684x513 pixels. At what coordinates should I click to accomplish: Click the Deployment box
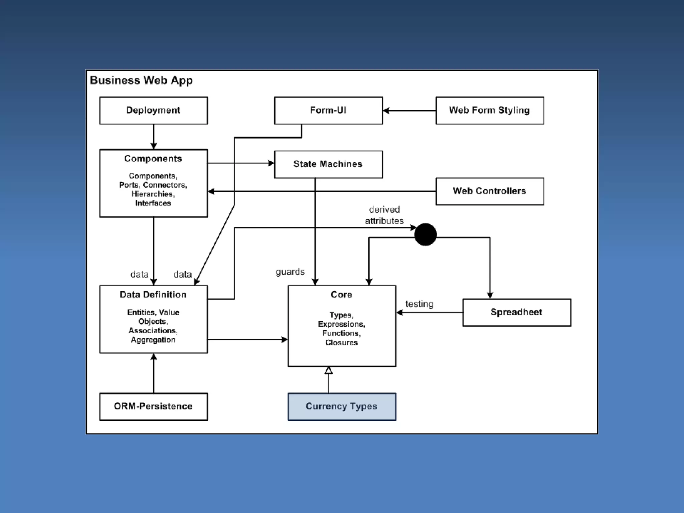(154, 111)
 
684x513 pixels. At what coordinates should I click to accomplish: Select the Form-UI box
(328, 111)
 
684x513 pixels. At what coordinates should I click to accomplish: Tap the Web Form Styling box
(490, 111)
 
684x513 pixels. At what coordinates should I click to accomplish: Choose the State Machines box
(328, 164)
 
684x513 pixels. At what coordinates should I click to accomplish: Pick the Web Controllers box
(490, 191)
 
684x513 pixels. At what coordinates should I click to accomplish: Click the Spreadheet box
(517, 313)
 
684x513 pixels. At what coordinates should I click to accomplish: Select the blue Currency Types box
(342, 406)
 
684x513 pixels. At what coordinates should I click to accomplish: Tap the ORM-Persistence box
(154, 406)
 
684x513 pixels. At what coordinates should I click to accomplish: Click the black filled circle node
(425, 234)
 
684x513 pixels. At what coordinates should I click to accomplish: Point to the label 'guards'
(290, 272)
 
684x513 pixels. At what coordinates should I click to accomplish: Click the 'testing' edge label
(419, 304)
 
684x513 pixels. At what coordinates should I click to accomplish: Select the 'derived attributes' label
(384, 215)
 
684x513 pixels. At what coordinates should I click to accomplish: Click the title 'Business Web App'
(141, 80)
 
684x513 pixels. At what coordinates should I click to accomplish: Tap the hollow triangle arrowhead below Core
(329, 370)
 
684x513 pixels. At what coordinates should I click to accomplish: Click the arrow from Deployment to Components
(154, 137)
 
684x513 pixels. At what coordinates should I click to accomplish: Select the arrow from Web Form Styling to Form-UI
(409, 111)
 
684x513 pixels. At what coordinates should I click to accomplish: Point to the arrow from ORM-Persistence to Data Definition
(154, 373)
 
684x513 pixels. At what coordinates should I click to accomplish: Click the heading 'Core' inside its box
(341, 295)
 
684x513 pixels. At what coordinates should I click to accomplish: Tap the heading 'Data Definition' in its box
(153, 295)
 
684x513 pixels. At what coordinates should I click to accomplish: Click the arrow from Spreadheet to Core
(430, 313)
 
